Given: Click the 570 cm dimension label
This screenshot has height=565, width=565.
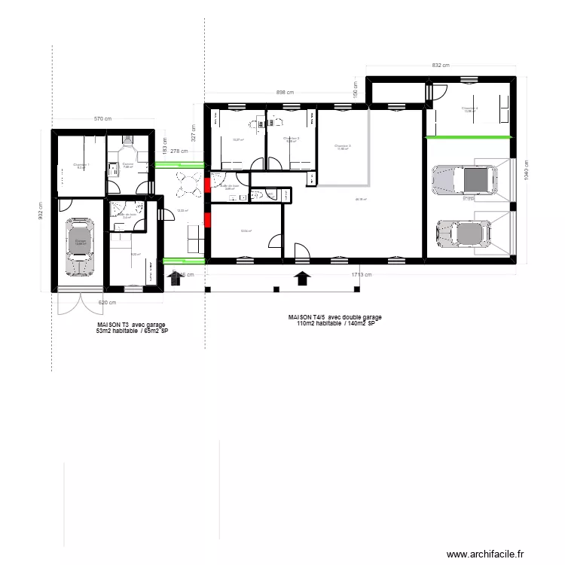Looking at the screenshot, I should click(x=102, y=119).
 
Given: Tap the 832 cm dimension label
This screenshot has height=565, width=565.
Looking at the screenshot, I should click(x=441, y=66).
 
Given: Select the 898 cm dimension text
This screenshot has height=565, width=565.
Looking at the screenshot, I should click(x=285, y=93).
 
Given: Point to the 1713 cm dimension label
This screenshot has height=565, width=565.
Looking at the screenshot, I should click(x=362, y=275).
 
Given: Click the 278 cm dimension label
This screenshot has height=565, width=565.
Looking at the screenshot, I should click(x=179, y=151).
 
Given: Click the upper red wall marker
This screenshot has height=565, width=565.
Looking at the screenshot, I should click(x=206, y=182).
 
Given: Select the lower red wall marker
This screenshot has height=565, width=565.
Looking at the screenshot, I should click(x=206, y=221).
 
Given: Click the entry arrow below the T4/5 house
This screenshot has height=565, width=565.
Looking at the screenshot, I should click(x=302, y=278).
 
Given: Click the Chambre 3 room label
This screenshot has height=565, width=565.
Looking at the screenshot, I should click(x=342, y=146).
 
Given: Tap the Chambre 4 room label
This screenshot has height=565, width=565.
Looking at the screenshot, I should click(x=470, y=108).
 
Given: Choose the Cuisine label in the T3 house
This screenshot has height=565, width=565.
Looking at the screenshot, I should click(x=127, y=165).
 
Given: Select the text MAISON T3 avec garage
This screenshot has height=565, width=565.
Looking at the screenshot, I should click(x=132, y=325).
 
